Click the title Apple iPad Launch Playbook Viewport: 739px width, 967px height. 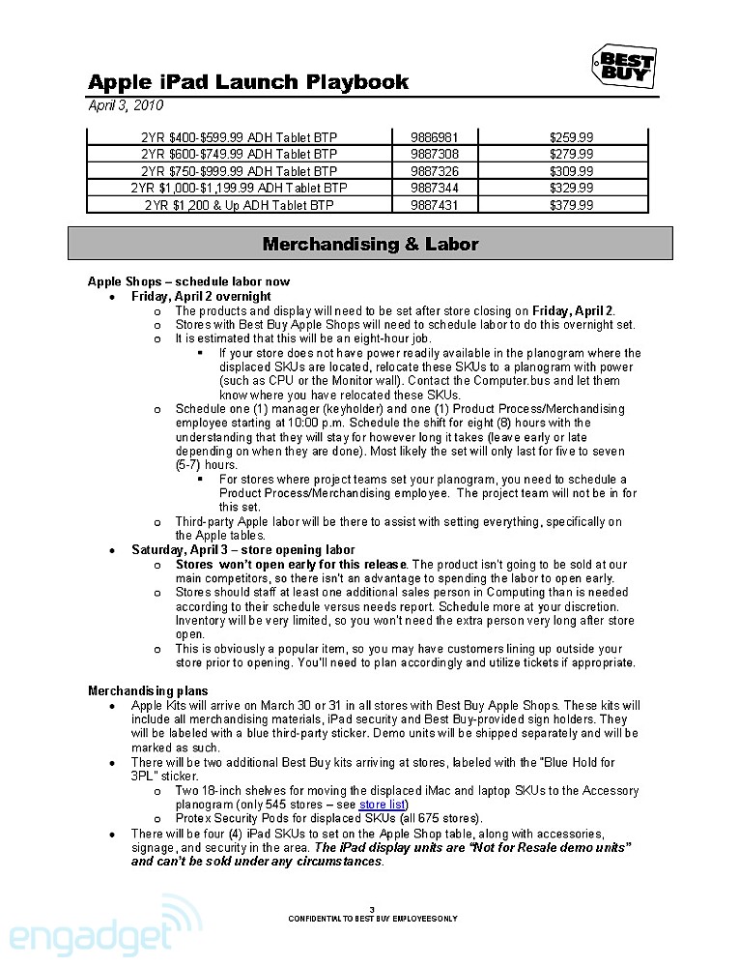(248, 82)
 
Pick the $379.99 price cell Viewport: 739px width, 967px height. (571, 205)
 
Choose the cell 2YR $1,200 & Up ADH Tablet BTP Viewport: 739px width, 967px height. (240, 205)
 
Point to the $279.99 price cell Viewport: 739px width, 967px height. (571, 154)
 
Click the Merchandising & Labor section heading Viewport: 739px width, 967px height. (370, 244)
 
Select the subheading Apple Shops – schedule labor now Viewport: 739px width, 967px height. (188, 282)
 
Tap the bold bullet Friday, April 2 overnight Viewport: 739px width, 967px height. (201, 296)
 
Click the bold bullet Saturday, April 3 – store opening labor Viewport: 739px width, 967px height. (243, 549)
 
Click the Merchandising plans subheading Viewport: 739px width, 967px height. (148, 690)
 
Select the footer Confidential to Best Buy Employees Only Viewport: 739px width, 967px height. (372, 918)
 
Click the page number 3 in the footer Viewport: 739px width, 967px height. (372, 908)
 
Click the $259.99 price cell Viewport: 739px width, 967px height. (571, 136)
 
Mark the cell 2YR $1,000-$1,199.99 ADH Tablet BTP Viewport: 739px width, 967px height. (240, 188)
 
